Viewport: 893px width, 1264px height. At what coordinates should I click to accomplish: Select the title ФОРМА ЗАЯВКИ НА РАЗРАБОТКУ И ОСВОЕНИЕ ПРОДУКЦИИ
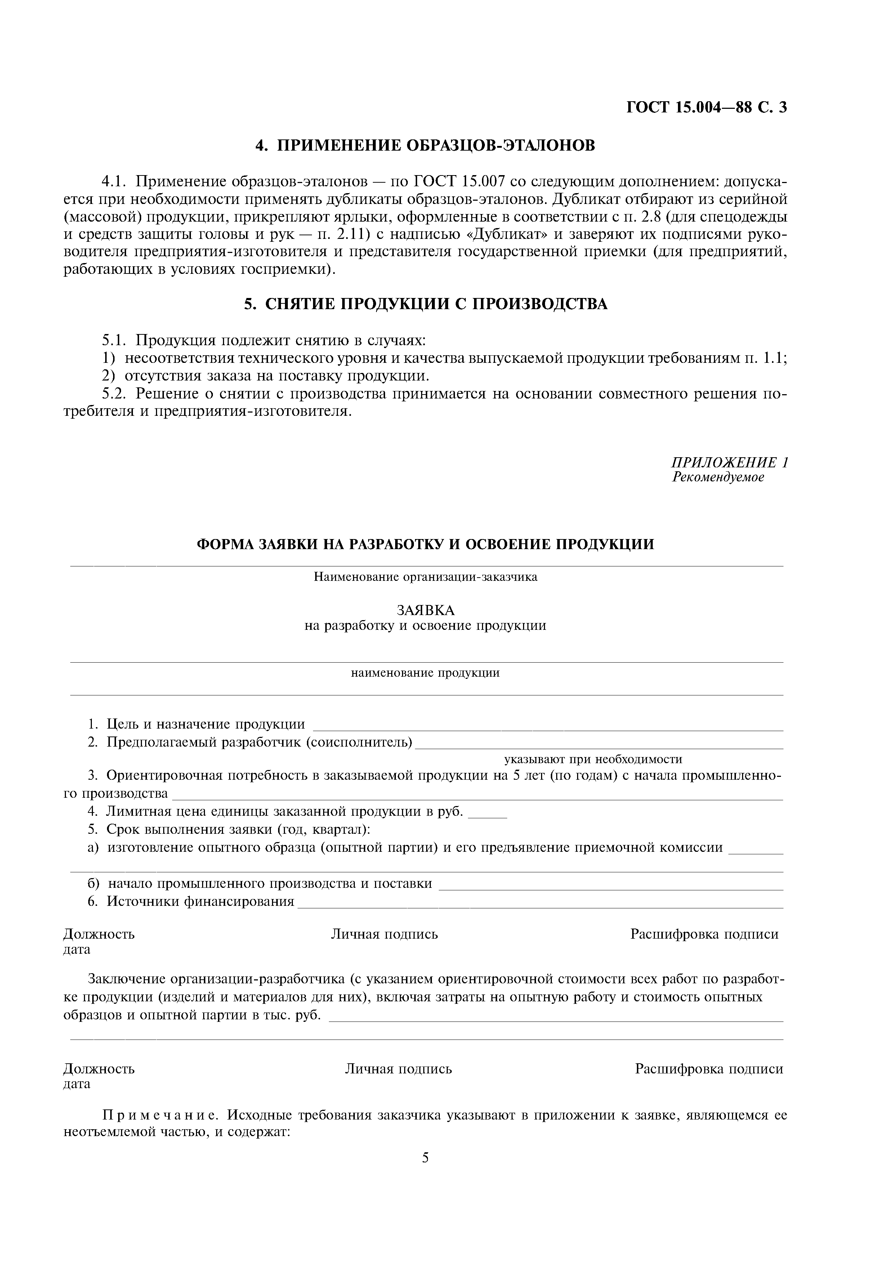pos(425,544)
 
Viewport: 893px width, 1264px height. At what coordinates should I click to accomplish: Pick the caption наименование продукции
pos(425,673)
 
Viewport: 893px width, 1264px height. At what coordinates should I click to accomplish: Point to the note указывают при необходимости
pos(593,759)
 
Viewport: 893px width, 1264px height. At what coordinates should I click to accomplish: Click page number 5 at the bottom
pos(425,1158)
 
